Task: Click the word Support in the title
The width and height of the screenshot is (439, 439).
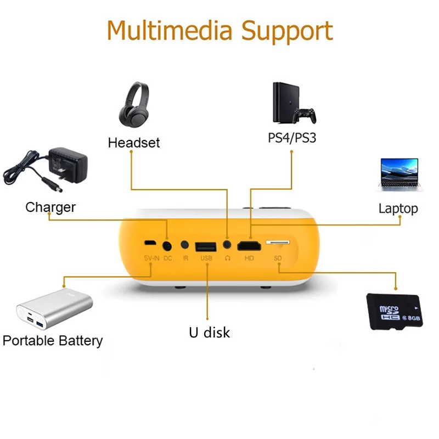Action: pos(287,32)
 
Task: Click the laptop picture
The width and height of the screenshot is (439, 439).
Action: pos(399,175)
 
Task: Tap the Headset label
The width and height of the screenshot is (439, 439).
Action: pos(134,143)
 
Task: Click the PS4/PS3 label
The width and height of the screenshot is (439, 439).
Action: pos(292,138)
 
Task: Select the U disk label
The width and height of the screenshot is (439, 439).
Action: pos(209,333)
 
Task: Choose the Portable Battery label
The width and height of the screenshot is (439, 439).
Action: pos(53,341)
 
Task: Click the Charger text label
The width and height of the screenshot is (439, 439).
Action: pos(50,207)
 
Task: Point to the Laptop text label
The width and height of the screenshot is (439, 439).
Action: pos(398,209)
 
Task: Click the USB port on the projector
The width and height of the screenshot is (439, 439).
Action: pos(206,245)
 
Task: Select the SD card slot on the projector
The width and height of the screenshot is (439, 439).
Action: pos(278,241)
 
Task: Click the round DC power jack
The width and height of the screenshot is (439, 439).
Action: pos(167,244)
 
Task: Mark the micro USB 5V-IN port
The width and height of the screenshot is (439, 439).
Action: pos(149,243)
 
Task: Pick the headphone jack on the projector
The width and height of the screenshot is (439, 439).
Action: pos(227,244)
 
